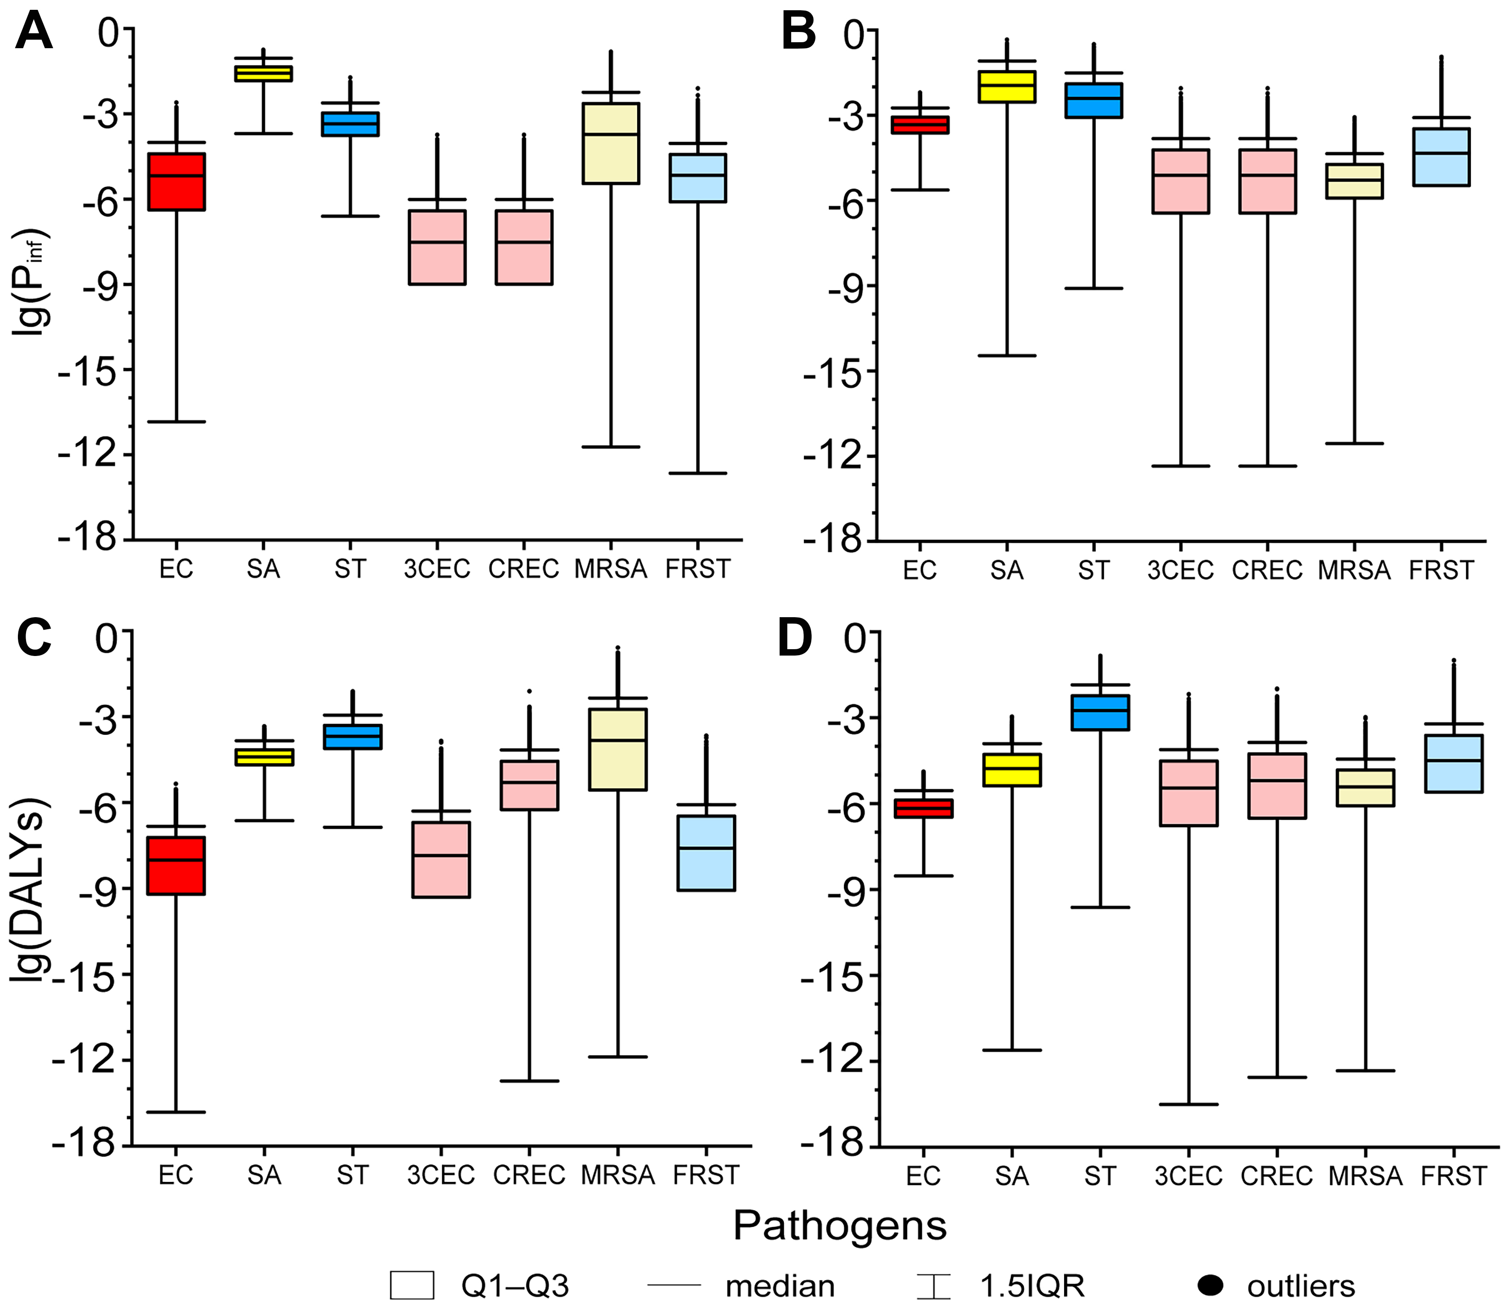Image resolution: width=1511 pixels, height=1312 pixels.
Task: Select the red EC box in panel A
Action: click(177, 182)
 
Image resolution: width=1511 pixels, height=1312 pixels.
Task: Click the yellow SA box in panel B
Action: click(1007, 87)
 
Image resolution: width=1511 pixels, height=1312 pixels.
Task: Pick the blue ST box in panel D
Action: click(1100, 712)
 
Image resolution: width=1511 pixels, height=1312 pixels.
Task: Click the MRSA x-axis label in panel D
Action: click(1365, 1176)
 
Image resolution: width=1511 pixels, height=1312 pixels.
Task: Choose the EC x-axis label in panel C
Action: click(176, 1175)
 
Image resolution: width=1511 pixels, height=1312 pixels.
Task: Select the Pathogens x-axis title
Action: click(840, 1225)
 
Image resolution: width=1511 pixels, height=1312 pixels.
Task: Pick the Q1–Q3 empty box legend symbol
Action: click(412, 1285)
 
